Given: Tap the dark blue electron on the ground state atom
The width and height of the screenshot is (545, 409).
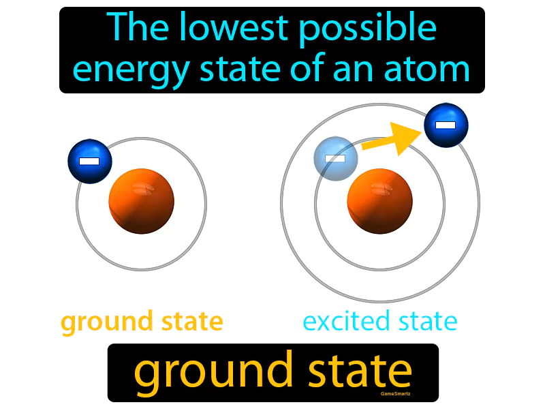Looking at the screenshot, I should coord(90,162).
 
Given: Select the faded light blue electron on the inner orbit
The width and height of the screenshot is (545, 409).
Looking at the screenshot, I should coord(335,158).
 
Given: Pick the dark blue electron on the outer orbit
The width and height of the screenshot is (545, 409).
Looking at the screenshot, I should coord(446,125).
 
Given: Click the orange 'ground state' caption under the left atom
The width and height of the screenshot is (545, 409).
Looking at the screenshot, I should coord(142,321).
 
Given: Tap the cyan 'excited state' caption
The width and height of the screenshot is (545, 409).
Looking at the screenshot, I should coord(380,321).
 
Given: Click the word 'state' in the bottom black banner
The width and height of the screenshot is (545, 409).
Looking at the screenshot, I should coord(361,372).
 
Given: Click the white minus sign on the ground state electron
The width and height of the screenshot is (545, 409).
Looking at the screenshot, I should coord(89,162).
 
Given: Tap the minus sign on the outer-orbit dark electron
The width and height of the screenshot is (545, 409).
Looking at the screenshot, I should coord(446,125).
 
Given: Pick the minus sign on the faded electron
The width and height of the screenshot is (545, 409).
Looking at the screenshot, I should coord(334,158).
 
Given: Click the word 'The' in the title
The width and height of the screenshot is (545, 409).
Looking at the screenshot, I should coord(134,29).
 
